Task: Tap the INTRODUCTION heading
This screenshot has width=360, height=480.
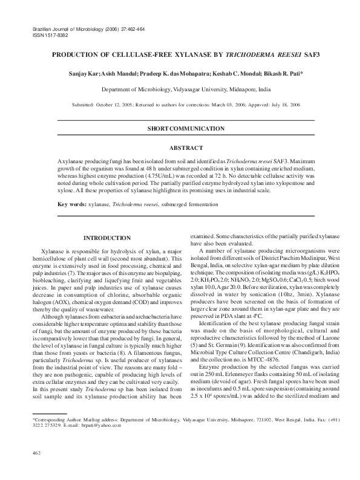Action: (x=106, y=238)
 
